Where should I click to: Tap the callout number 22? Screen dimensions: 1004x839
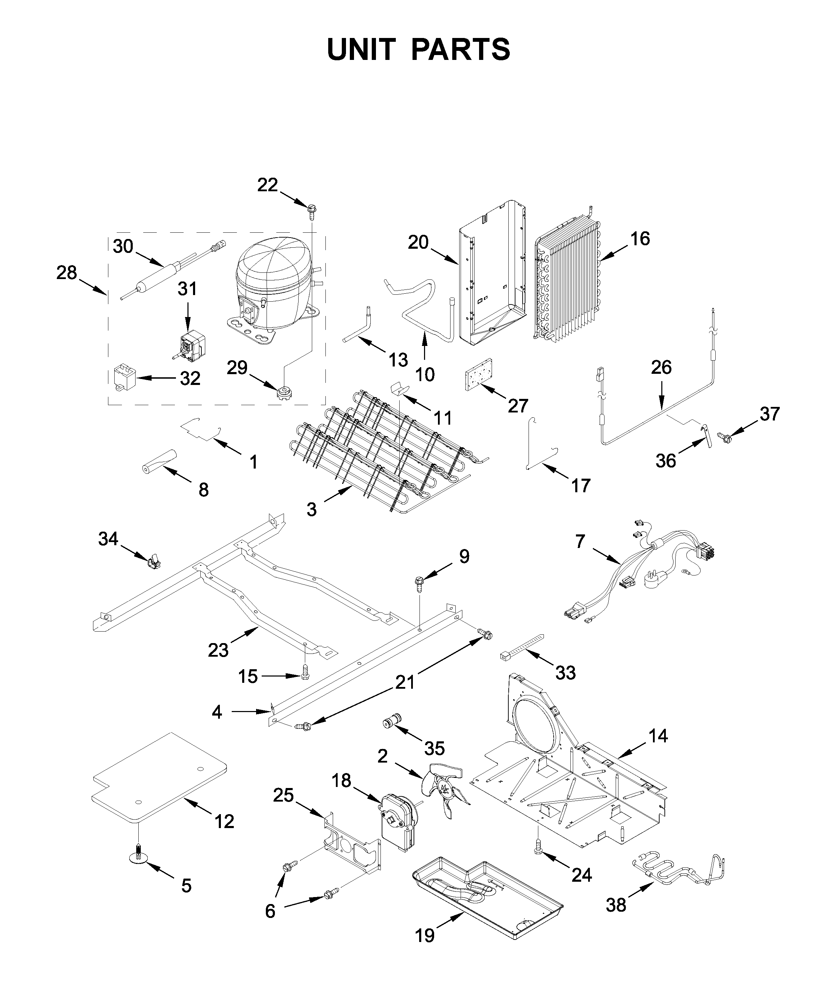pos(267,185)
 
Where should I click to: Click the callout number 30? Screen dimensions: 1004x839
pos(123,246)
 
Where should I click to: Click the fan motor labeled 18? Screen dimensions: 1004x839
pos(399,822)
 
